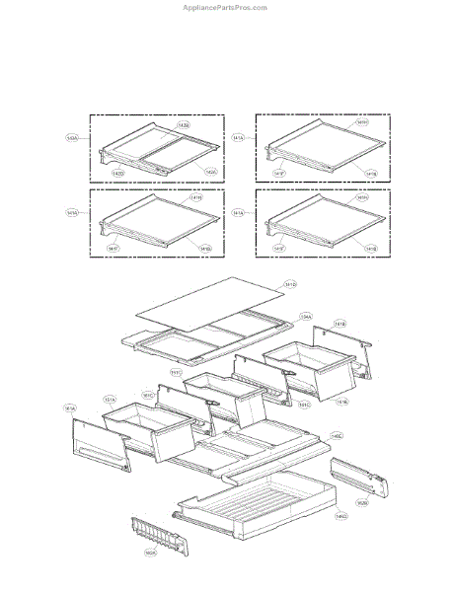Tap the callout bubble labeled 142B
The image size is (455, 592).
[x=184, y=125]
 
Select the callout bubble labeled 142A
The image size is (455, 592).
[x=211, y=171]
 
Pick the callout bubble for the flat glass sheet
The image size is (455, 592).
[x=290, y=285]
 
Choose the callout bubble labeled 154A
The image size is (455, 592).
[x=307, y=317]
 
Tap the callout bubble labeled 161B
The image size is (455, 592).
[x=339, y=324]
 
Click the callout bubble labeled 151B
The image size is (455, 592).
[x=341, y=402]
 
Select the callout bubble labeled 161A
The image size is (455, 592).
[x=70, y=407]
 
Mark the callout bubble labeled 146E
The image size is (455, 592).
[x=337, y=435]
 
